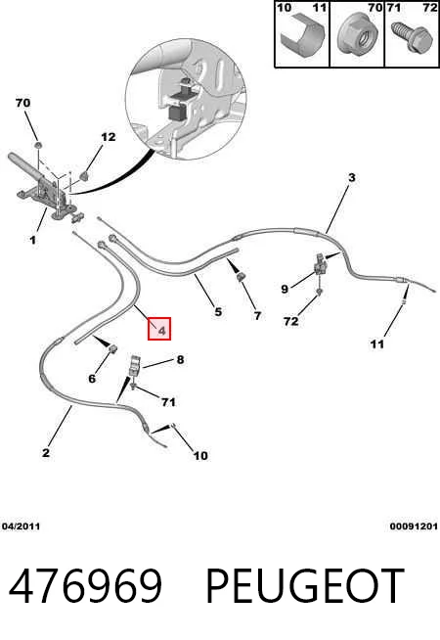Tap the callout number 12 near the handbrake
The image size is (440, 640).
tap(109, 137)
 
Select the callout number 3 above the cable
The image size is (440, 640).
tap(351, 177)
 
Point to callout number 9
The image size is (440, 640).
tap(285, 289)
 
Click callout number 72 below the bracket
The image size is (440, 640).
tap(291, 321)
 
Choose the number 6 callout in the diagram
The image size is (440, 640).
tap(92, 379)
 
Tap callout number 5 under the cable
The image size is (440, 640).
tap(218, 312)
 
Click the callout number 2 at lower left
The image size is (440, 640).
tap(46, 452)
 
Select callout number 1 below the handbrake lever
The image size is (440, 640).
tap(32, 240)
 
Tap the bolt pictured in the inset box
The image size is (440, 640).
tap(412, 36)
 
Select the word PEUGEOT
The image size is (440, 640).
tap(305, 586)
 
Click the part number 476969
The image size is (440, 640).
tap(86, 586)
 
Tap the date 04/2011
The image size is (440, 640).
tap(21, 526)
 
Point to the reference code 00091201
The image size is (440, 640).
tap(414, 526)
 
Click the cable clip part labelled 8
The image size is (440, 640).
tap(135, 366)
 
